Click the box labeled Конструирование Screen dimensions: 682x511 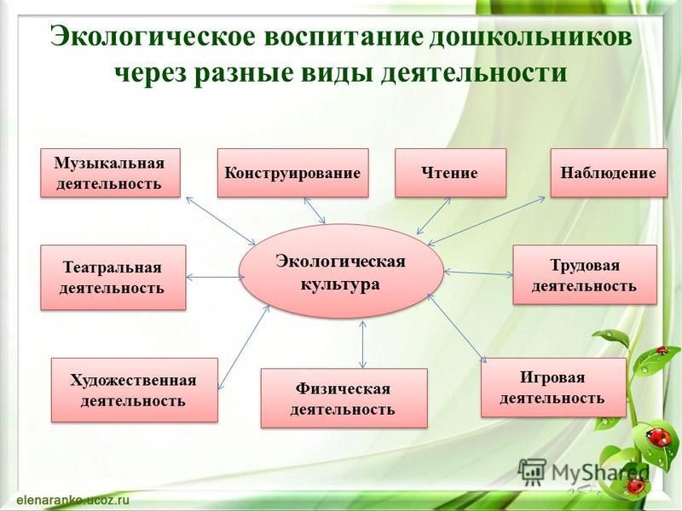click(x=292, y=173)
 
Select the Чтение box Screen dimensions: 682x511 click(x=450, y=173)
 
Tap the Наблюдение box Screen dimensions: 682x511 click(x=609, y=173)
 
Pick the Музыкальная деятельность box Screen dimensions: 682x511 click(x=110, y=173)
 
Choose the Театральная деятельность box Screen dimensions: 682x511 click(x=113, y=278)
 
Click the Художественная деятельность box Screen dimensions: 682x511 click(x=135, y=390)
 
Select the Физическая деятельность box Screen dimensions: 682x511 click(x=344, y=398)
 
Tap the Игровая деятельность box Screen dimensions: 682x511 click(x=553, y=388)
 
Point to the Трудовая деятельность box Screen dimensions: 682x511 click(x=585, y=274)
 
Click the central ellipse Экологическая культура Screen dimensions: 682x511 click(x=341, y=272)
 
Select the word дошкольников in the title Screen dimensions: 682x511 click(x=530, y=37)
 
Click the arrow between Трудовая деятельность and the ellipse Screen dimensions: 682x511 click(x=478, y=273)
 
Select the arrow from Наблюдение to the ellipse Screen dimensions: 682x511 click(x=486, y=221)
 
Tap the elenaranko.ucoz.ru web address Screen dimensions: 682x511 click(x=74, y=500)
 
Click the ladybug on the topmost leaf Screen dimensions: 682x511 click(x=662, y=350)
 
